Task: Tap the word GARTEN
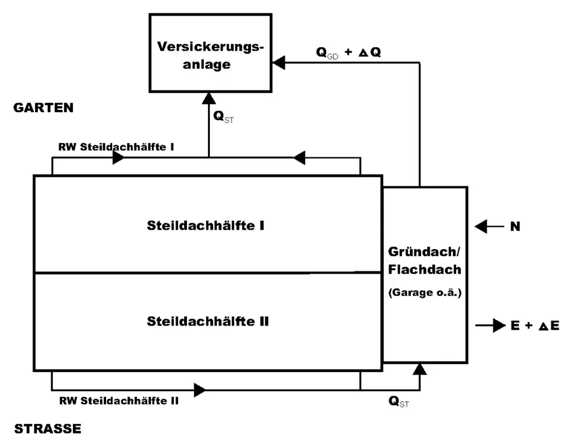pyautogui.click(x=43, y=109)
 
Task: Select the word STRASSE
pyautogui.click(x=46, y=429)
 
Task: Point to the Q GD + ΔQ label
pyautogui.click(x=348, y=52)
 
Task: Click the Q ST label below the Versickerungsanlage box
pyautogui.click(x=223, y=117)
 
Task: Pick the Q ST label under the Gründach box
pyautogui.click(x=399, y=401)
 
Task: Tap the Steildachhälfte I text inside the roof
pyautogui.click(x=207, y=226)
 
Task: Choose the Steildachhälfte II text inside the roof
pyautogui.click(x=208, y=321)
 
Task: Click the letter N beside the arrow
pyautogui.click(x=514, y=227)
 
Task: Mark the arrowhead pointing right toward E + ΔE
pyautogui.click(x=497, y=326)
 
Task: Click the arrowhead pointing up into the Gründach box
pyautogui.click(x=420, y=368)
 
